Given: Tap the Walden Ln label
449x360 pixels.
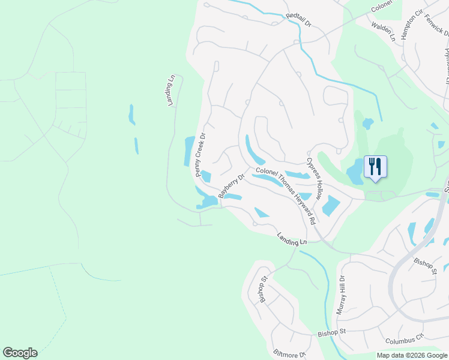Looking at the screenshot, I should (x=384, y=31).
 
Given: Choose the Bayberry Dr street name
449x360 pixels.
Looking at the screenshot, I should (x=232, y=187).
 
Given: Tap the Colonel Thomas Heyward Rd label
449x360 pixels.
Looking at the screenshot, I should (x=286, y=196).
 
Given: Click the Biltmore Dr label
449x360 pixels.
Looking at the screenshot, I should (x=289, y=354).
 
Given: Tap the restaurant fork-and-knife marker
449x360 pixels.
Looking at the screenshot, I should (x=375, y=166).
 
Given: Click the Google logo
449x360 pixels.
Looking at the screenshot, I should (x=20, y=353).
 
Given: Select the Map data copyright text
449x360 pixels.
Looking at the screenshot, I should (x=411, y=355).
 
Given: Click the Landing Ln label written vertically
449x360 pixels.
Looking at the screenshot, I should (x=171, y=91).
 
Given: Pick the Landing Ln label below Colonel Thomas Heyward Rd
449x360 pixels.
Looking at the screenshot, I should (x=292, y=238).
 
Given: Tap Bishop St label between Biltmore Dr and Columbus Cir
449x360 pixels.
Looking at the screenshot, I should (x=332, y=332).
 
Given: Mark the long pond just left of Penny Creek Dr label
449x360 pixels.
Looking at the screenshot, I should (x=188, y=151).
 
